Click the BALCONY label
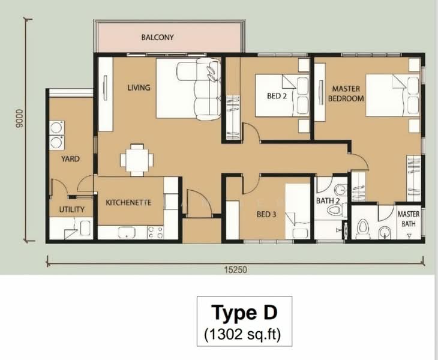tap(158, 37)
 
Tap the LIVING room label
tap(139, 88)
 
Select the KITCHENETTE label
tap(128, 202)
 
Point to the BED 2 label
tap(277, 96)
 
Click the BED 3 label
tap(266, 214)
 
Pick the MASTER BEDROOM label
tap(346, 94)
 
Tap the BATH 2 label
tap(328, 200)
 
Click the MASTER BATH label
tap(409, 218)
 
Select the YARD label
tap(70, 159)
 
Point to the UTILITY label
tap(72, 209)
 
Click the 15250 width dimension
tap(235, 270)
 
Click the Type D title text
tap(244, 313)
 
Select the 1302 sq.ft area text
tap(242, 334)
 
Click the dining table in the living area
tap(137, 160)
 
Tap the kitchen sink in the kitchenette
tap(127, 232)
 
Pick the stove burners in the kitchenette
tap(155, 232)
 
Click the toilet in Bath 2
tap(337, 210)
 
